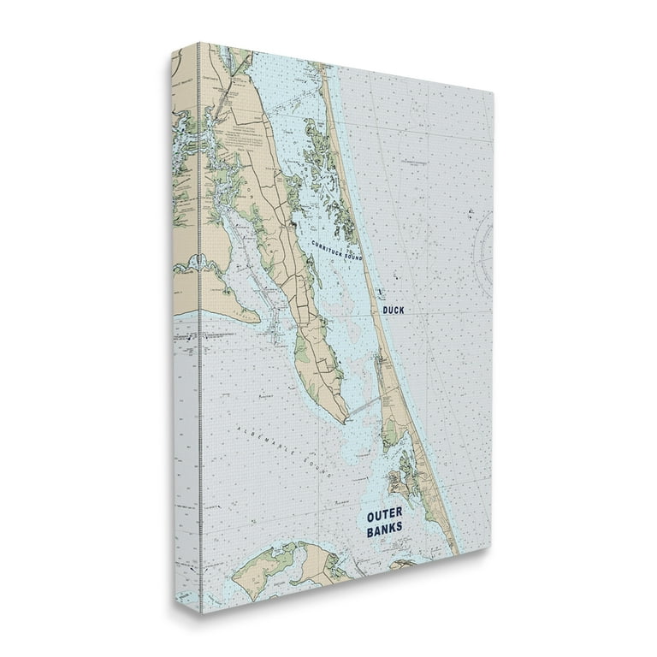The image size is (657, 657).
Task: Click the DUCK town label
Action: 394,311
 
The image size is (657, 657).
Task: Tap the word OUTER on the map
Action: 384,516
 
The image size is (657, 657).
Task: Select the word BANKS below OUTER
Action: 384,530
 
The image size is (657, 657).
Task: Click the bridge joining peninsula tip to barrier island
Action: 364,405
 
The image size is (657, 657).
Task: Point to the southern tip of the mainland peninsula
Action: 344,420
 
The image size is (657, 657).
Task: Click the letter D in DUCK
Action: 385,311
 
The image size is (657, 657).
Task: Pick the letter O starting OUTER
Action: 370,516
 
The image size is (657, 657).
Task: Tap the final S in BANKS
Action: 399,530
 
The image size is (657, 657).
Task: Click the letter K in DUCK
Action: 402,311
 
